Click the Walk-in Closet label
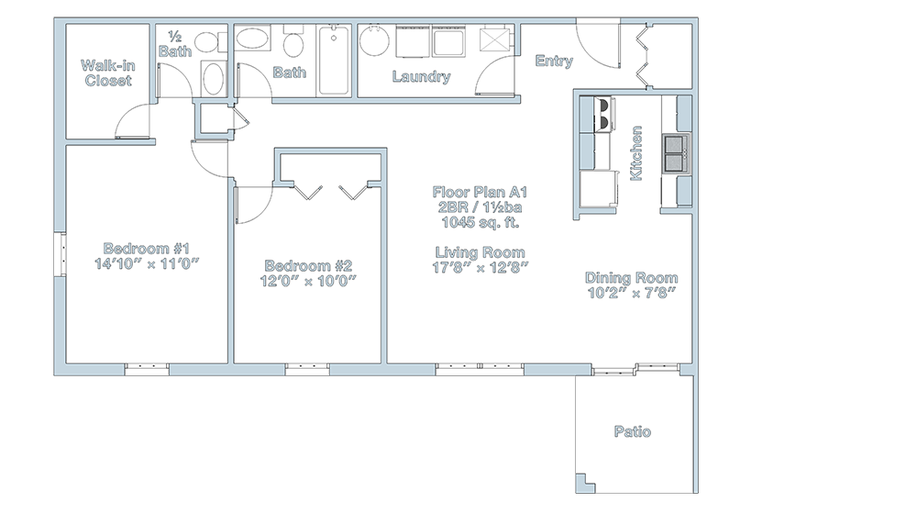[x=107, y=72]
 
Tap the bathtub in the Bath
[x=334, y=61]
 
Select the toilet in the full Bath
[x=293, y=42]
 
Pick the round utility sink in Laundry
[x=375, y=41]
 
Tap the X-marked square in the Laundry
[x=495, y=39]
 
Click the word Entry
[x=554, y=61]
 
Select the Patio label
[x=632, y=431]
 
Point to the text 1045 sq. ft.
[x=481, y=222]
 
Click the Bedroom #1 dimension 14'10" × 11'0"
[x=147, y=263]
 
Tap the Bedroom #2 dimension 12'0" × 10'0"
[x=308, y=281]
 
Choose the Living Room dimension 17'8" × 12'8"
[x=481, y=267]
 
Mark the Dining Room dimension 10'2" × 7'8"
[x=632, y=293]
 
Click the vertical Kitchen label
[x=635, y=153]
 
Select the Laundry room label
[x=421, y=76]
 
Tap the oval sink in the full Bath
[x=253, y=39]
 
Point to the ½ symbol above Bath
[x=174, y=37]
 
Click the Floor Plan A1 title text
[x=481, y=192]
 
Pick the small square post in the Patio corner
[x=585, y=483]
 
